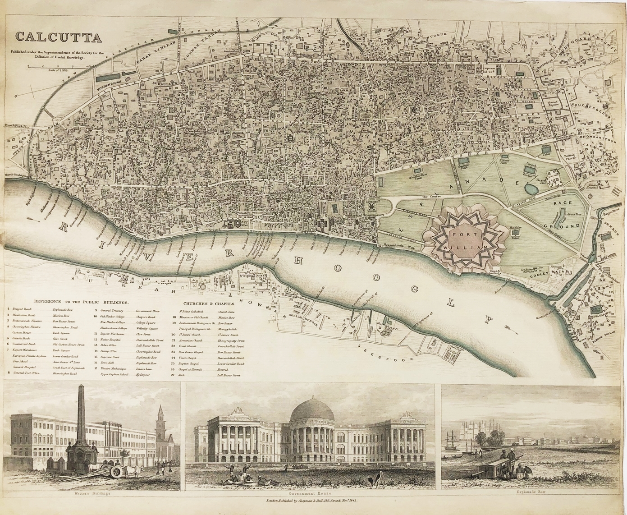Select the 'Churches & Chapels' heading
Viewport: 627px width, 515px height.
208,303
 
